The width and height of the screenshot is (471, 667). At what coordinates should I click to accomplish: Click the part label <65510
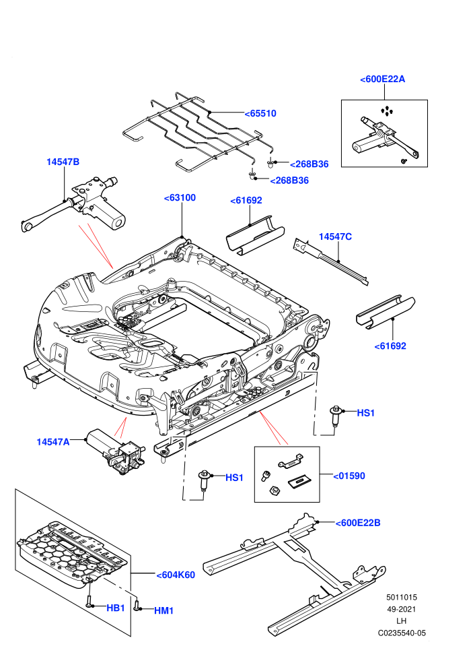coord(260,114)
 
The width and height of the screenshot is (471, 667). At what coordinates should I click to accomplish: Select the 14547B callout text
coord(63,162)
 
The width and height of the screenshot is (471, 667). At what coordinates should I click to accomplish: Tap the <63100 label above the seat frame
coord(180,198)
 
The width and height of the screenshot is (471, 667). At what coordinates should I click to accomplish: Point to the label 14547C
coord(335,237)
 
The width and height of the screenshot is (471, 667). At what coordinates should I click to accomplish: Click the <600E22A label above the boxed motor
coord(382,79)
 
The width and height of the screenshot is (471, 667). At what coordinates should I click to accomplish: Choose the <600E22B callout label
coord(358,523)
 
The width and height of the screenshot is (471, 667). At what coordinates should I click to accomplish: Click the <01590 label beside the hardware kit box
coord(349,476)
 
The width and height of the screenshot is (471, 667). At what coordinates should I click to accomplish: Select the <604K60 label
coord(176,575)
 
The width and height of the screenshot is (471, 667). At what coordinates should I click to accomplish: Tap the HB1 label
coord(116,608)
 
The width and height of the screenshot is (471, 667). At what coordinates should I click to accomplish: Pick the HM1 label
coord(164,611)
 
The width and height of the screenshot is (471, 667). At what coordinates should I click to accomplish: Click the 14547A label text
coord(53,442)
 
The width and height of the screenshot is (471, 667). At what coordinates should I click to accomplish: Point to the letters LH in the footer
coord(401,621)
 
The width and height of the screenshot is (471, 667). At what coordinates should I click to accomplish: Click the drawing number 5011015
coord(401,597)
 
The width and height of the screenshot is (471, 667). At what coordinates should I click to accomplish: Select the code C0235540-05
coord(402,633)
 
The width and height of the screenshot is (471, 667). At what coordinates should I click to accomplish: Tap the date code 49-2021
coord(401,609)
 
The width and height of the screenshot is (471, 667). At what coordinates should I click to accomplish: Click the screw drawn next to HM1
coord(137,604)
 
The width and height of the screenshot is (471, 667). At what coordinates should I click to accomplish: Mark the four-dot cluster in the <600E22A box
coord(386,111)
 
